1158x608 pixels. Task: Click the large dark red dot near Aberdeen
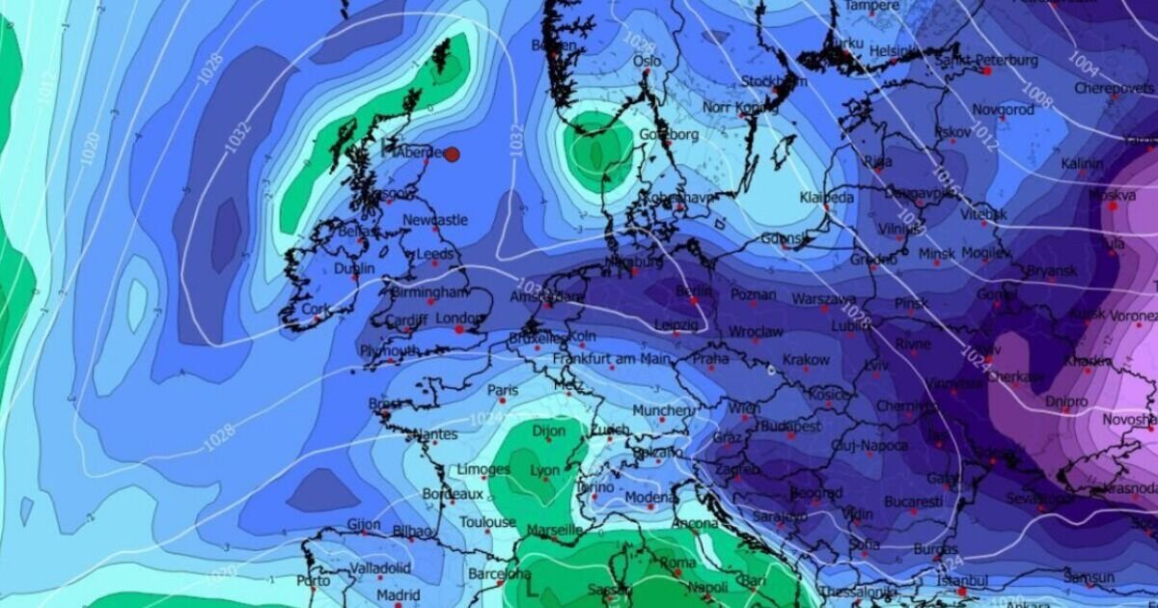pyautogui.click(x=451, y=154)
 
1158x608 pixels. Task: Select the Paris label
pyautogui.click(x=503, y=391)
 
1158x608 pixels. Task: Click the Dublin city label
pyautogui.click(x=354, y=268)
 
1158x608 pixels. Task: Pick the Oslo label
pyautogui.click(x=647, y=61)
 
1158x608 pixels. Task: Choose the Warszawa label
pyautogui.click(x=823, y=299)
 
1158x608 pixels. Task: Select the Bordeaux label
pyautogui.click(x=452, y=494)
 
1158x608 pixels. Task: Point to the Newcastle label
pyautogui.click(x=434, y=220)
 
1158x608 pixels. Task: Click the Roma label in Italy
pyautogui.click(x=677, y=563)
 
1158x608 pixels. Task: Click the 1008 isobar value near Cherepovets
pyautogui.click(x=1036, y=97)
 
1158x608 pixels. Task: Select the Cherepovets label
pyautogui.click(x=1114, y=88)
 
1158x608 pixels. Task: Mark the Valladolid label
pyautogui.click(x=380, y=567)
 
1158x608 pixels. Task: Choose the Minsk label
pyautogui.click(x=936, y=254)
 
